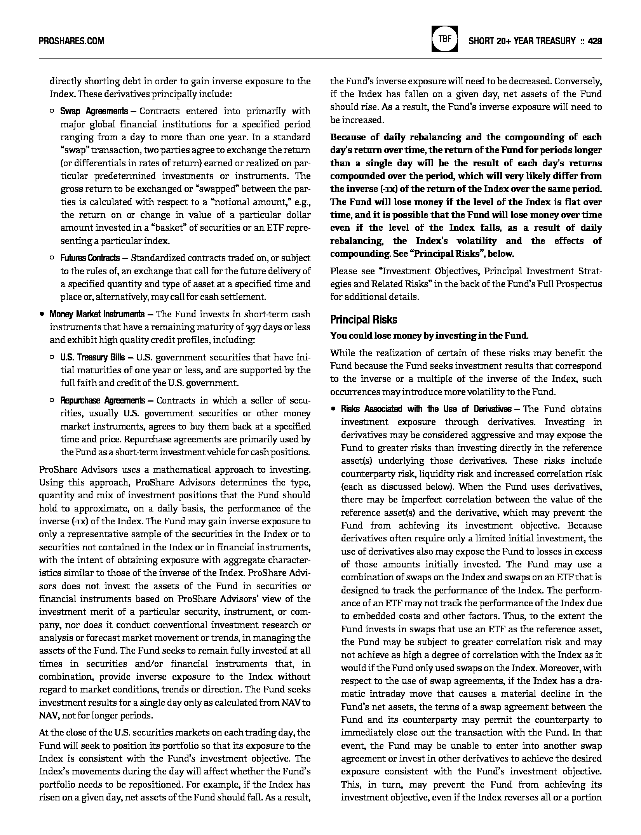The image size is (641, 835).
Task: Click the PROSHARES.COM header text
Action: (x=71, y=41)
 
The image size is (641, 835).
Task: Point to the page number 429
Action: (x=595, y=41)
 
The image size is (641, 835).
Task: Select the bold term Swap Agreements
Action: (x=94, y=111)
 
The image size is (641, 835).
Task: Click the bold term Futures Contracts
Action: (x=90, y=258)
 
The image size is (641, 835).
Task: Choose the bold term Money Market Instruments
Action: (x=97, y=314)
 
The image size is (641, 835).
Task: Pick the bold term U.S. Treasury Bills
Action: (x=93, y=357)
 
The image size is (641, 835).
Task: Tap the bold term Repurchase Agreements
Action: (x=102, y=400)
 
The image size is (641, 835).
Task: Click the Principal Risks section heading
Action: (x=364, y=320)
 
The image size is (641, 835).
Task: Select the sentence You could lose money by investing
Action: (x=429, y=336)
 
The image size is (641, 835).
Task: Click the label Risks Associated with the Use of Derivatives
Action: (x=426, y=409)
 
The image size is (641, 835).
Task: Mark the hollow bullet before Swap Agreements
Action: (x=52, y=111)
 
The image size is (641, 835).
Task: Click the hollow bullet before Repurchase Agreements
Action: (x=52, y=400)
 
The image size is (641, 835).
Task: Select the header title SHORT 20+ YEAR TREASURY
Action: (x=522, y=41)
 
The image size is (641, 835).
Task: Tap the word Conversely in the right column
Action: (x=578, y=81)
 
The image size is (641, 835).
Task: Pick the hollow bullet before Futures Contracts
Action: (x=52, y=258)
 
